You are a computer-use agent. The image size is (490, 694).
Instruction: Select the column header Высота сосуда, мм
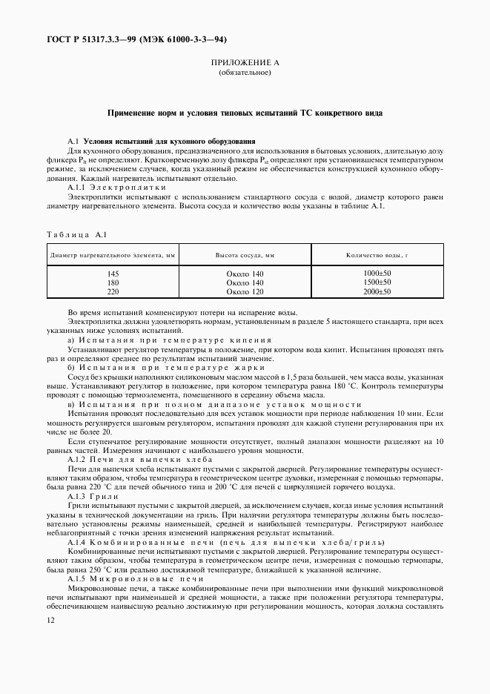coord(245,255)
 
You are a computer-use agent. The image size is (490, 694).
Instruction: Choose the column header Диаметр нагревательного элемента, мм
coord(113,255)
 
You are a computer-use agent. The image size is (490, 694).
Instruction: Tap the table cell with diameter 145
coord(113,274)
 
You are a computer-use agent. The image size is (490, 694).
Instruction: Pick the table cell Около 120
coord(245,292)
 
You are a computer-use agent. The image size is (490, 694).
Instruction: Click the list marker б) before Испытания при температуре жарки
coord(72,368)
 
